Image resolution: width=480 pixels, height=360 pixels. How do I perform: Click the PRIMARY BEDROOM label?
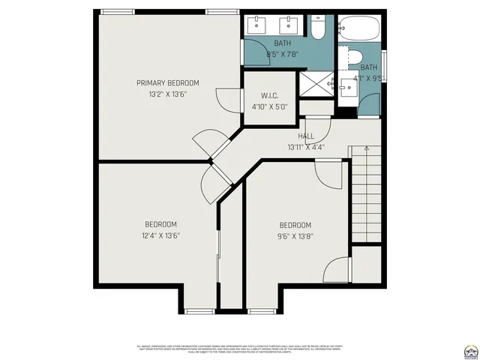click(167, 82)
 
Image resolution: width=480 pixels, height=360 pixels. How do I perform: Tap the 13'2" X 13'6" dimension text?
click(167, 94)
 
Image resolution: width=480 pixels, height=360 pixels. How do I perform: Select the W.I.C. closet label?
click(270, 95)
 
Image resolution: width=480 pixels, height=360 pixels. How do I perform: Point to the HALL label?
click(306, 136)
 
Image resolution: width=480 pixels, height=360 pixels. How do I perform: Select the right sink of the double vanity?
click(287, 24)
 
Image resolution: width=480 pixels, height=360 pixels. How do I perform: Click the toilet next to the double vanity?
click(317, 29)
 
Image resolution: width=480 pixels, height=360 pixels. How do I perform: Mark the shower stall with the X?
click(316, 85)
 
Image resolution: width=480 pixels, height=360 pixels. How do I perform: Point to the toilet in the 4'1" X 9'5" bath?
click(355, 58)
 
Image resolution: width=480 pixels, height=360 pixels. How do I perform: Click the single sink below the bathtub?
click(346, 88)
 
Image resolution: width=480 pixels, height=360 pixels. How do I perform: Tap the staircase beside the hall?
click(366, 194)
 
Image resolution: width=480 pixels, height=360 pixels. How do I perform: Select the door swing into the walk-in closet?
click(223, 97)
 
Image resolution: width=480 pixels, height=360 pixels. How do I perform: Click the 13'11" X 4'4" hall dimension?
click(306, 147)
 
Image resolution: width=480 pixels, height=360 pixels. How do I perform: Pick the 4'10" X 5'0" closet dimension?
click(270, 106)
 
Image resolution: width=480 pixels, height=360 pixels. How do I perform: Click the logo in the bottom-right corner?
click(471, 349)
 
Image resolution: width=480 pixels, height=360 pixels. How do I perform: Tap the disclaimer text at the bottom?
click(240, 349)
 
